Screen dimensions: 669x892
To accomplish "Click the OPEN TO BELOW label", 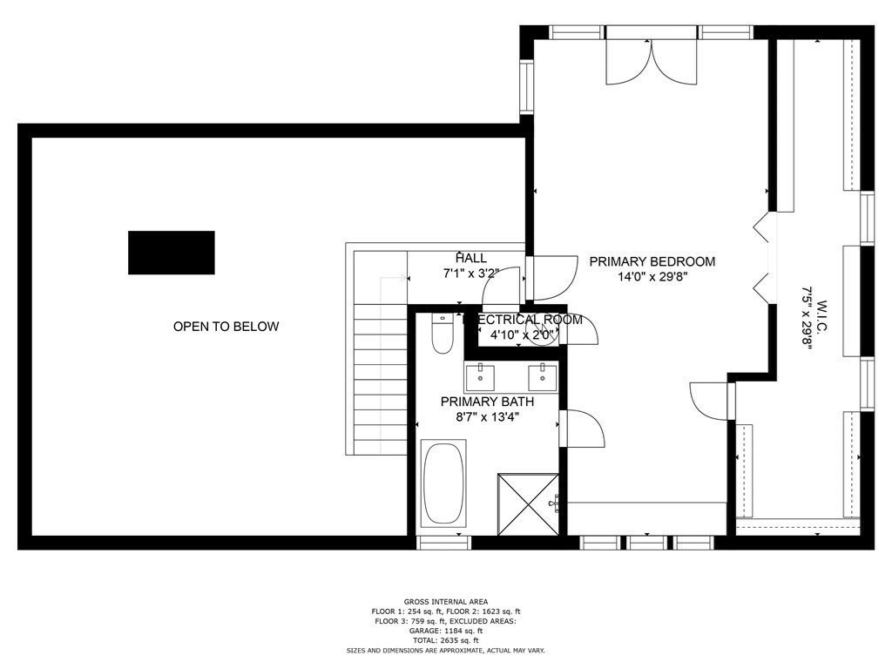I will click(226, 327).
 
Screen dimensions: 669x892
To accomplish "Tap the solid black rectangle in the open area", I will click(172, 253).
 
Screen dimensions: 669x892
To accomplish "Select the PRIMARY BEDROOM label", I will click(652, 261).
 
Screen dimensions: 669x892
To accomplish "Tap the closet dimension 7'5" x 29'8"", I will click(807, 323).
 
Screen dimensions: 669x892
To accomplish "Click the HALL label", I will click(470, 258).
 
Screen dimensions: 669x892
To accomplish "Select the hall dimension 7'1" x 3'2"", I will click(470, 274).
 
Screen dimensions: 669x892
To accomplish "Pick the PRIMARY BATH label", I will click(487, 402).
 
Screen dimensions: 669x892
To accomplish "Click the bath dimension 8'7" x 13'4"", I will click(487, 417).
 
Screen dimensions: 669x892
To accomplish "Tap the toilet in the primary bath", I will click(443, 334).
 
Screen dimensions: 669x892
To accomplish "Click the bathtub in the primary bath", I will click(443, 484).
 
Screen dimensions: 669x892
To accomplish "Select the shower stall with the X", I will click(528, 503).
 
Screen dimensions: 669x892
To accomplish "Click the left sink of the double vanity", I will click(480, 377).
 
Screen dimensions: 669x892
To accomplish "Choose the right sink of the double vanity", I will click(543, 377).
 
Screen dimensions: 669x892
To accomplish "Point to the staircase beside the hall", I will click(381, 375).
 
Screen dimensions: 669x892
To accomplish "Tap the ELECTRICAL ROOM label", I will click(523, 320).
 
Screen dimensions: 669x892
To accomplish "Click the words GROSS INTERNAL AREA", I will click(445, 601).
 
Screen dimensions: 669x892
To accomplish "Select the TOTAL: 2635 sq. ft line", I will click(445, 640).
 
